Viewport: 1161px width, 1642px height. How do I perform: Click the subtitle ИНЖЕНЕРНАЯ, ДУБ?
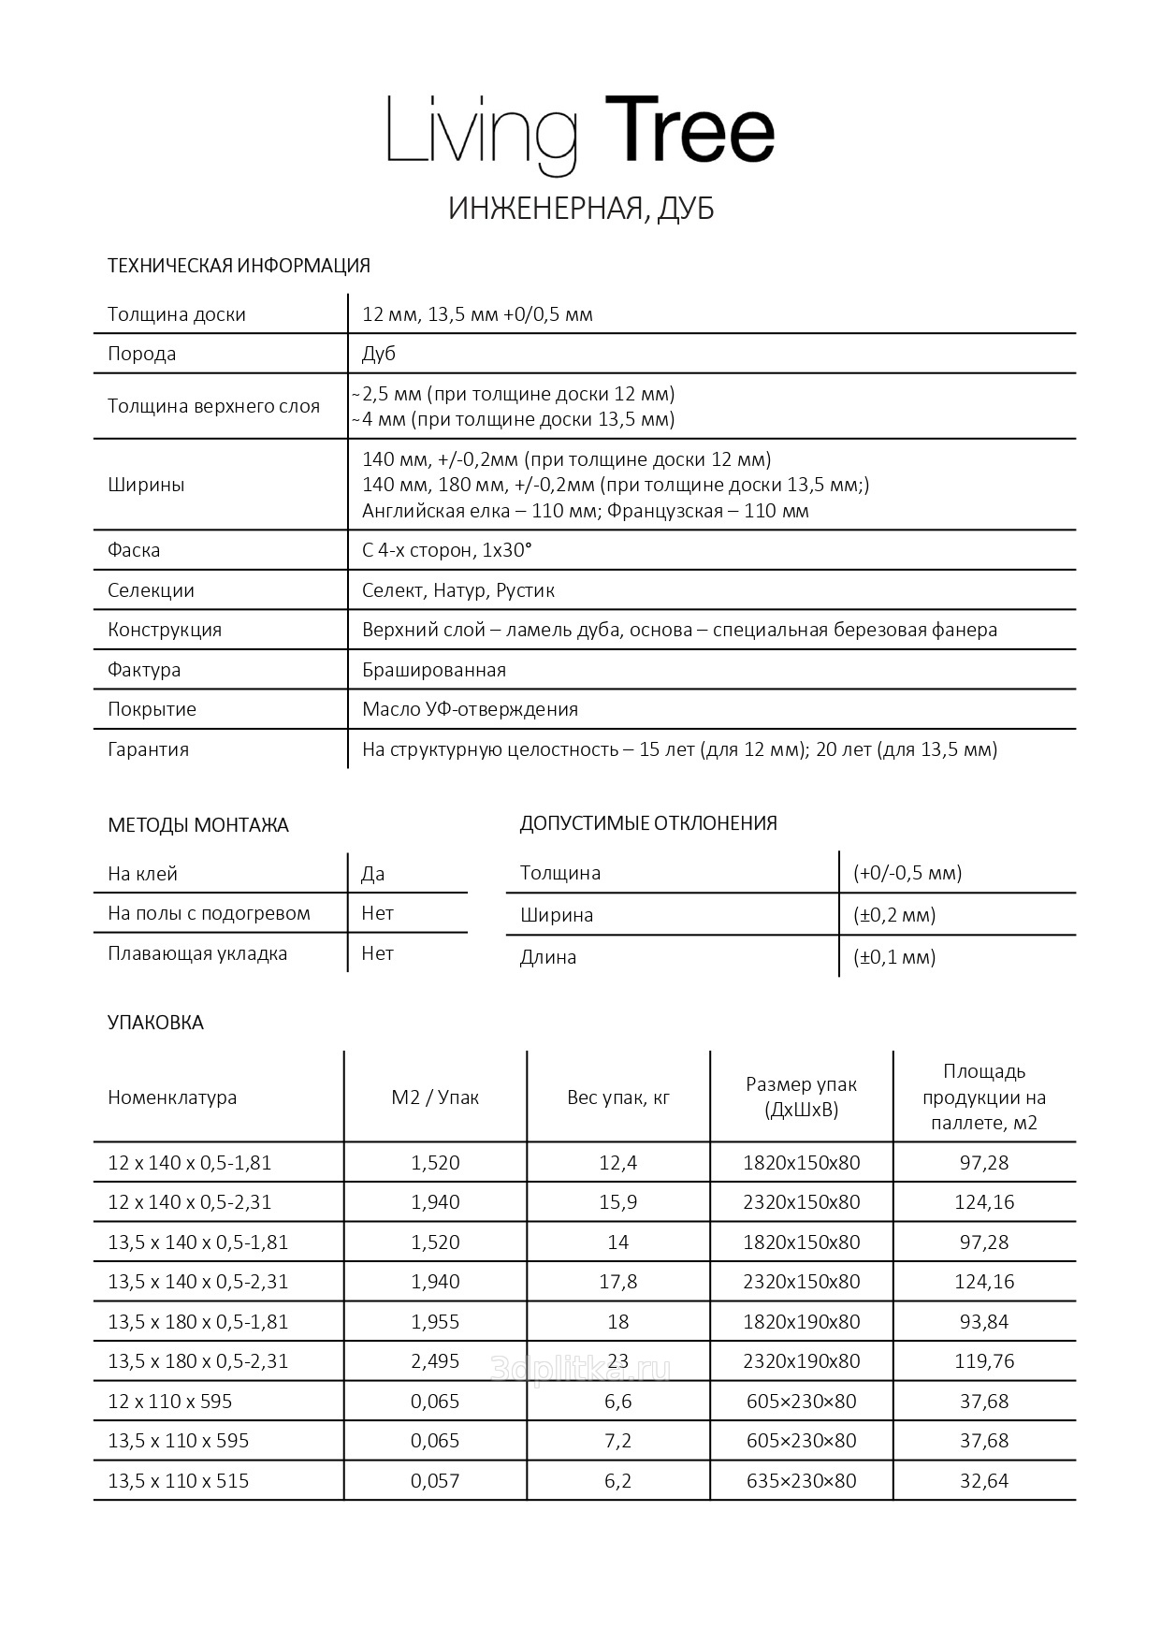[x=580, y=209]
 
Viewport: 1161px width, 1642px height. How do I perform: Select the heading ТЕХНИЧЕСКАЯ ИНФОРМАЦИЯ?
[x=239, y=266]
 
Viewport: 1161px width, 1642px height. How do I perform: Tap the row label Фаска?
[x=134, y=550]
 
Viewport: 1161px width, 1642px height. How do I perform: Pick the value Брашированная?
[x=434, y=670]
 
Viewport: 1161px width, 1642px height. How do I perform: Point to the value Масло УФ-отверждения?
[x=470, y=709]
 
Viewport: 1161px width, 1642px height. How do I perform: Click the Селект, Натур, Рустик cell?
[x=458, y=590]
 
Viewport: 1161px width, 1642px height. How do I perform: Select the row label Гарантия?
[x=148, y=749]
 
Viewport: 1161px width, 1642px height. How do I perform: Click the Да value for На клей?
[x=372, y=874]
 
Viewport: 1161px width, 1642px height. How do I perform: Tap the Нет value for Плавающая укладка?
[x=377, y=953]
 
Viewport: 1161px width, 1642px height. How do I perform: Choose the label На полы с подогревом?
[x=209, y=913]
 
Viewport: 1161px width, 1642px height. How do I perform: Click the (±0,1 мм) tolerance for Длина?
[x=894, y=957]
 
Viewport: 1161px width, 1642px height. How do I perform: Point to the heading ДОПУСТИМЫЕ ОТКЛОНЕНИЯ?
[x=648, y=823]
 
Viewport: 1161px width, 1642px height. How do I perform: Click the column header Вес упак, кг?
[x=618, y=1097]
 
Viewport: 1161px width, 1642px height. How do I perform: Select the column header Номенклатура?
[x=172, y=1097]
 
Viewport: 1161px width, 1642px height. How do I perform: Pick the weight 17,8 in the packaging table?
[x=618, y=1282]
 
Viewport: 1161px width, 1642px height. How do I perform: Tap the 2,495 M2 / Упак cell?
[x=435, y=1361]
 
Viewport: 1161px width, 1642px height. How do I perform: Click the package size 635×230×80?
[x=801, y=1481]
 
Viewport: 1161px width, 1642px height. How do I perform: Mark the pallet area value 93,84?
[x=984, y=1322]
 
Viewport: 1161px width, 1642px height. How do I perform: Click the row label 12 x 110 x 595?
[x=170, y=1402]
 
